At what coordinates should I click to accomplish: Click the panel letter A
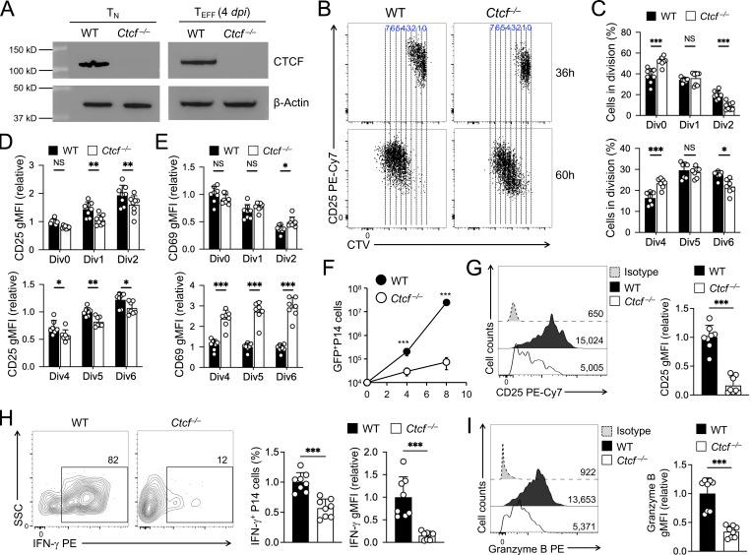tap(9, 10)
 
